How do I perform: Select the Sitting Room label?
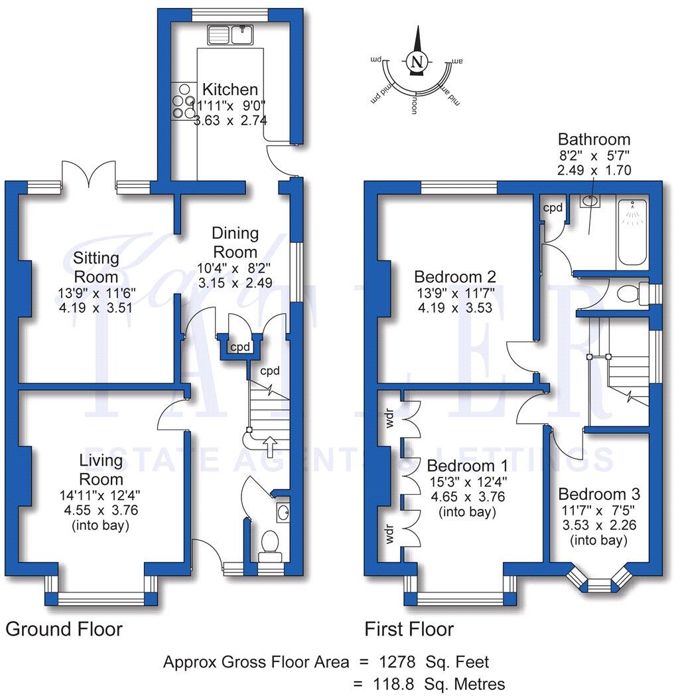click(96, 267)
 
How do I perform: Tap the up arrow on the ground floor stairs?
click(270, 443)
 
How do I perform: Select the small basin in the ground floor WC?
click(283, 511)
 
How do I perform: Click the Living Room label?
click(101, 470)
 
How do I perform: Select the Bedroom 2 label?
click(454, 276)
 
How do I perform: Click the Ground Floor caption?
click(64, 629)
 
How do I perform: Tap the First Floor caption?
click(409, 629)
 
